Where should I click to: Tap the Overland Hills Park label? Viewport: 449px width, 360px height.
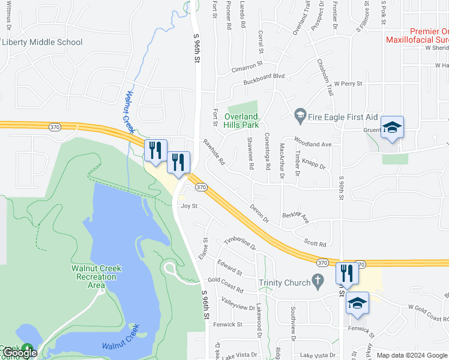pos(241,121)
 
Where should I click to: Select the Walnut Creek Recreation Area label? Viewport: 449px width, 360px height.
pos(96,276)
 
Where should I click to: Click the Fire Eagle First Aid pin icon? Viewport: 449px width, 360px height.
pos(300,114)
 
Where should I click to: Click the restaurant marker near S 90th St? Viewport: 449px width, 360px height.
pos(347,274)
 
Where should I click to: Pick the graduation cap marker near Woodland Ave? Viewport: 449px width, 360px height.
pos(392,127)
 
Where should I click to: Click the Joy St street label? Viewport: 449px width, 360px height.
pos(190,206)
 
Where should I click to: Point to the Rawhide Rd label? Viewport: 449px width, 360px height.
pos(214,153)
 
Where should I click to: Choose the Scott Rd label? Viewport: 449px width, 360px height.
pos(315,244)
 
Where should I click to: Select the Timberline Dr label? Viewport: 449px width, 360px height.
pos(240,244)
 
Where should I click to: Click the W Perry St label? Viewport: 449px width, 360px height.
pos(349,84)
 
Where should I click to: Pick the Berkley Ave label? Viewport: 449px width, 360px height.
pos(296,217)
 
